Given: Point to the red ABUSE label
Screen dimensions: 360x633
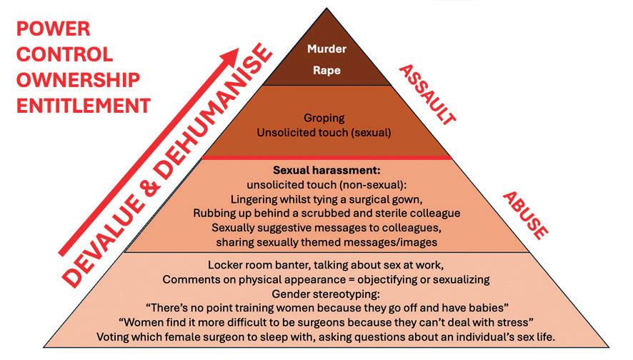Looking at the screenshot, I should click(525, 214).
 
